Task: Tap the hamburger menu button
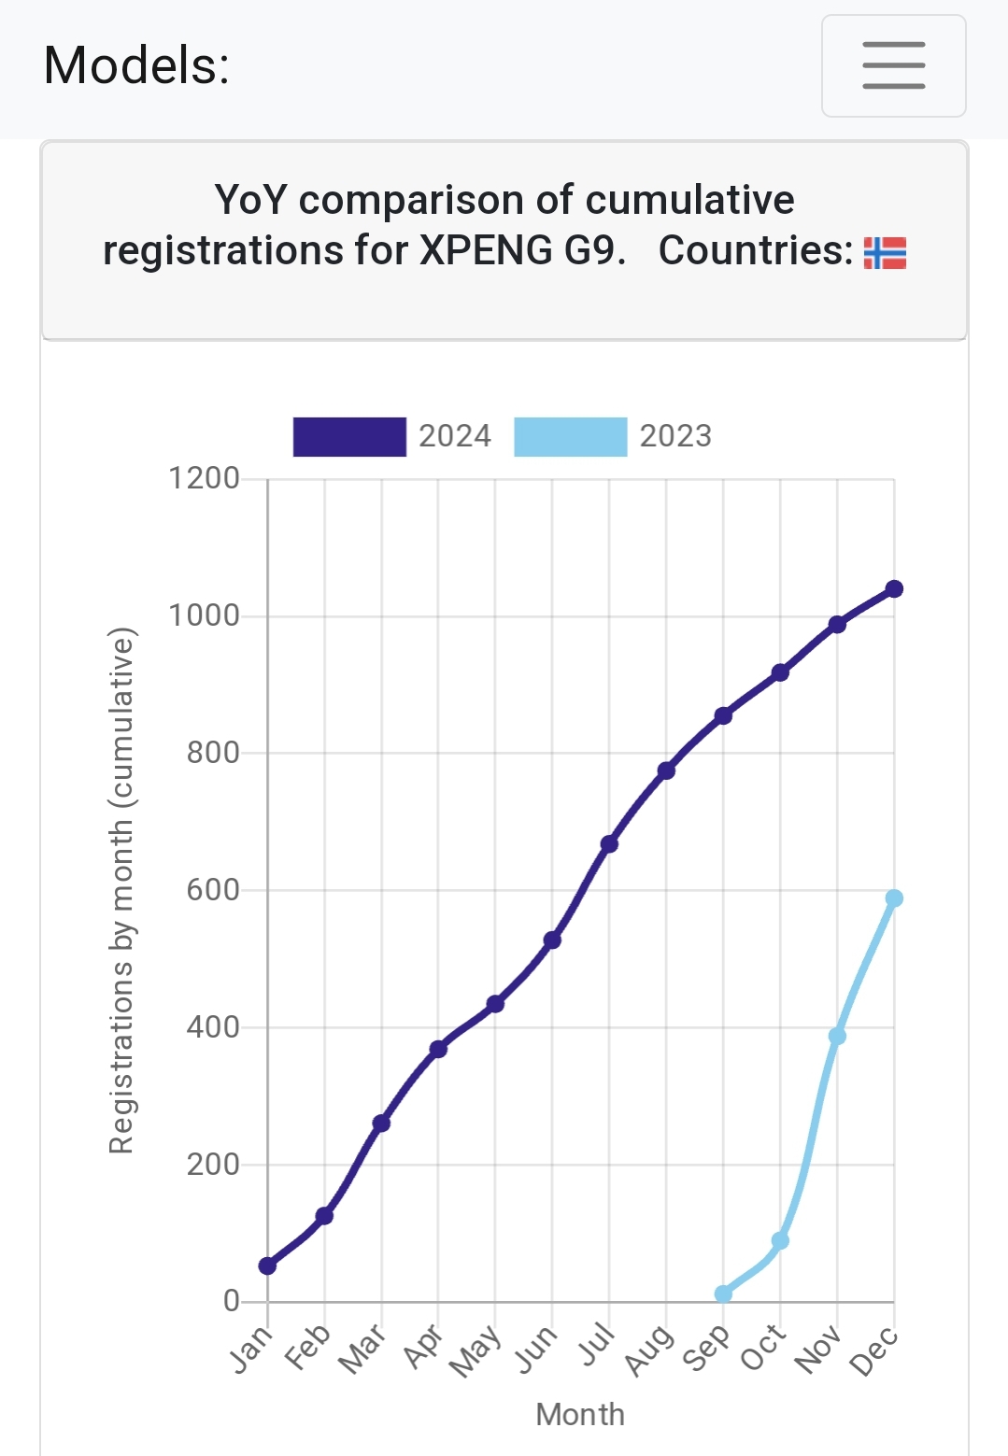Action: pos(893,65)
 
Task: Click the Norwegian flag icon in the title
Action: pos(885,252)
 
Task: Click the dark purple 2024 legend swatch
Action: pos(349,436)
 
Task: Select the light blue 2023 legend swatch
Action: pos(570,436)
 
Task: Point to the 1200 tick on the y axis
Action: pos(204,478)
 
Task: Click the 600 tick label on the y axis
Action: pos(213,890)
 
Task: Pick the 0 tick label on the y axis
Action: pos(232,1301)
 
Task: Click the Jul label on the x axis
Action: pos(596,1346)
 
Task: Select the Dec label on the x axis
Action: pos(874,1351)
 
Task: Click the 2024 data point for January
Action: pos(268,1265)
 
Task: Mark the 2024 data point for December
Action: pos(894,588)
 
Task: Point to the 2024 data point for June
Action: pos(552,940)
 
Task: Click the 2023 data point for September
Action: pos(723,1293)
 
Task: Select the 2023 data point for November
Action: pos(837,1036)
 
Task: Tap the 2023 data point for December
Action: pos(894,898)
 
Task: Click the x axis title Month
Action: pos(580,1414)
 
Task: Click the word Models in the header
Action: pos(136,66)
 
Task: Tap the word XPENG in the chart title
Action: pos(486,250)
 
